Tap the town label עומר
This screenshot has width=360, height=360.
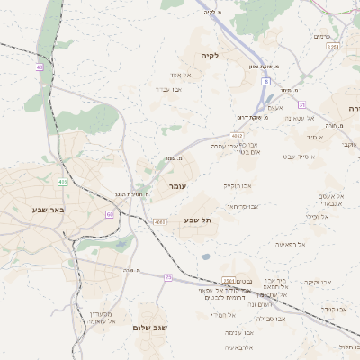(x=176, y=185)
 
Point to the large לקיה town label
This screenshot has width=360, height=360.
(x=211, y=56)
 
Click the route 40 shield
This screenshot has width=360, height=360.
(x=40, y=67)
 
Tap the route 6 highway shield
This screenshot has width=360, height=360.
(x=266, y=81)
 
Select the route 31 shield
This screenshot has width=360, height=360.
(x=302, y=104)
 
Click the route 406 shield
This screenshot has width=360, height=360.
(x=62, y=182)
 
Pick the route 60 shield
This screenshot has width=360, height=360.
(x=110, y=214)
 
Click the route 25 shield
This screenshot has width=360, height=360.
(x=167, y=277)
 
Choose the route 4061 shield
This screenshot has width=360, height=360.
(x=160, y=221)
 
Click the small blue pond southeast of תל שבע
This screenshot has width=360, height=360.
(x=206, y=256)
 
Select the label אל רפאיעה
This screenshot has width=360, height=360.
(x=291, y=244)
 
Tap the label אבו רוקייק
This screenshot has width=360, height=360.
(x=238, y=185)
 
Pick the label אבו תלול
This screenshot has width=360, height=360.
(x=348, y=346)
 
